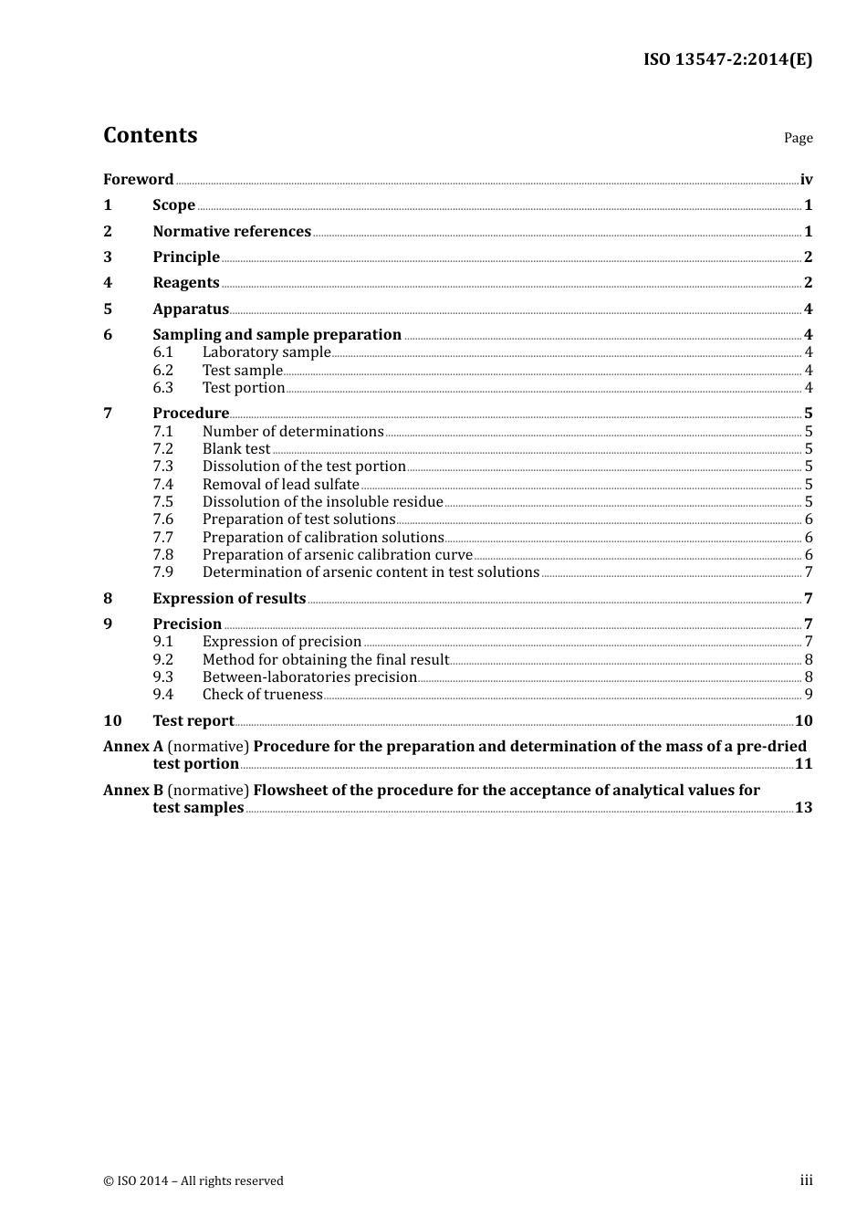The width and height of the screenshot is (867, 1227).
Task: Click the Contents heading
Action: pyautogui.click(x=150, y=135)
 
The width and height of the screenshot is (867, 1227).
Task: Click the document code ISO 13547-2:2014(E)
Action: pyautogui.click(x=727, y=59)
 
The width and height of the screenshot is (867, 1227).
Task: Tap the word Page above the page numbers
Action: pyautogui.click(x=798, y=138)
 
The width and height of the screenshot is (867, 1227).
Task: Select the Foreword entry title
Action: pyautogui.click(x=138, y=179)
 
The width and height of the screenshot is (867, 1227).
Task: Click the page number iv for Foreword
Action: pyautogui.click(x=806, y=180)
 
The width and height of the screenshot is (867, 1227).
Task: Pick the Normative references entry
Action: pyautogui.click(x=232, y=231)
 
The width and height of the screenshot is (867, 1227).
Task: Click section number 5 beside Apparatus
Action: pyautogui.click(x=108, y=309)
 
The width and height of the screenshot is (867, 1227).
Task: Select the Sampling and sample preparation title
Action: pyautogui.click(x=277, y=334)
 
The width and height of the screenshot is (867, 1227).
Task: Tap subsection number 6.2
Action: pyautogui.click(x=162, y=370)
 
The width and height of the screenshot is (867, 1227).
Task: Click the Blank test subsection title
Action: pyautogui.click(x=236, y=448)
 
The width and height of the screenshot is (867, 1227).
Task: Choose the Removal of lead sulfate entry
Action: pyautogui.click(x=280, y=484)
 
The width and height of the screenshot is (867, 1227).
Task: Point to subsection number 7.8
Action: pyautogui.click(x=162, y=554)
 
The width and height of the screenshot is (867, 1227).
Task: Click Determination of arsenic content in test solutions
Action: pyautogui.click(x=371, y=572)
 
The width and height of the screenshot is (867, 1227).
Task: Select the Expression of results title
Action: pyautogui.click(x=229, y=598)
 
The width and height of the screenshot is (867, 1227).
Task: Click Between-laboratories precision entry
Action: pyautogui.click(x=309, y=676)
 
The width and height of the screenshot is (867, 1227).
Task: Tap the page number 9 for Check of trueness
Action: pyautogui.click(x=808, y=694)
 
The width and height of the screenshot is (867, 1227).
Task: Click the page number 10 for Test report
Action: pyautogui.click(x=803, y=720)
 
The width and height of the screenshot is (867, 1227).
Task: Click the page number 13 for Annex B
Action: pyautogui.click(x=803, y=807)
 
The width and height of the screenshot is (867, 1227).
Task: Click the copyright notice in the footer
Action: pyautogui.click(x=193, y=1180)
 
